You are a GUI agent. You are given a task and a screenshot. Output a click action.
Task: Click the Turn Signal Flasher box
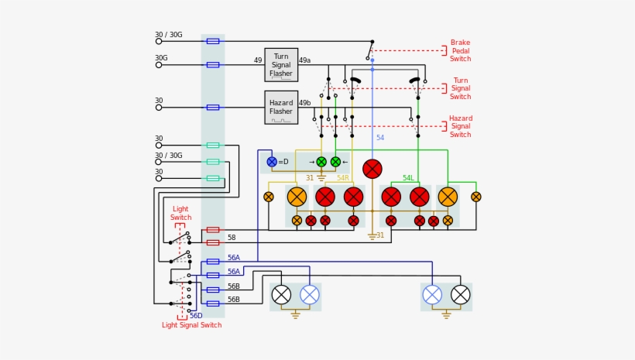[281, 65]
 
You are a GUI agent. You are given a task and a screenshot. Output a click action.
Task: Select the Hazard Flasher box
[281, 107]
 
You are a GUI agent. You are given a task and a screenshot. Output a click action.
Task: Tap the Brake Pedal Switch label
[460, 51]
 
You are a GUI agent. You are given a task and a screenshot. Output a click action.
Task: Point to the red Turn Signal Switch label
[460, 88]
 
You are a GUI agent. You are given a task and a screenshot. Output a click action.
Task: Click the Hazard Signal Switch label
[460, 126]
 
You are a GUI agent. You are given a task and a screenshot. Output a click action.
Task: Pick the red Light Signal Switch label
[191, 325]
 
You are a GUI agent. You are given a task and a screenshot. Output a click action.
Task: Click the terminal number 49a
[304, 60]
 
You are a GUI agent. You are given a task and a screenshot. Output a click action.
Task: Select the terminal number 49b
[304, 103]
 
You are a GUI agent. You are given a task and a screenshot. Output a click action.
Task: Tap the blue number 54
[380, 138]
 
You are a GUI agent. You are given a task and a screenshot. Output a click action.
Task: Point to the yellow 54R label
[342, 178]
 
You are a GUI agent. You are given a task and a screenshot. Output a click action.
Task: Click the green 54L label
[408, 178]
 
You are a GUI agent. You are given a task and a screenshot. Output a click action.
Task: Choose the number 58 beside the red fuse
[232, 238]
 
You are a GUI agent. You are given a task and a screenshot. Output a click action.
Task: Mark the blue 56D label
[196, 316]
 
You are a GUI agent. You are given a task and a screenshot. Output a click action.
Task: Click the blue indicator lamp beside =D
[272, 162]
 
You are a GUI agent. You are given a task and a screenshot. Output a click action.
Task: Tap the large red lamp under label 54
[372, 169]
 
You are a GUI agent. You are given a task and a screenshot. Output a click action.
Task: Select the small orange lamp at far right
[475, 197]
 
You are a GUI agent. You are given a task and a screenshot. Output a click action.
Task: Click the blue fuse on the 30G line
[213, 65]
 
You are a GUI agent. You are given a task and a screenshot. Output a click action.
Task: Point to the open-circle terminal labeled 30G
[159, 65]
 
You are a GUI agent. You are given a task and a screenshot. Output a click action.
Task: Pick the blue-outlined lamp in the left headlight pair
[310, 294]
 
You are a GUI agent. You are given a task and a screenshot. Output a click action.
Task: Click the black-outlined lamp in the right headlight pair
[461, 294]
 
